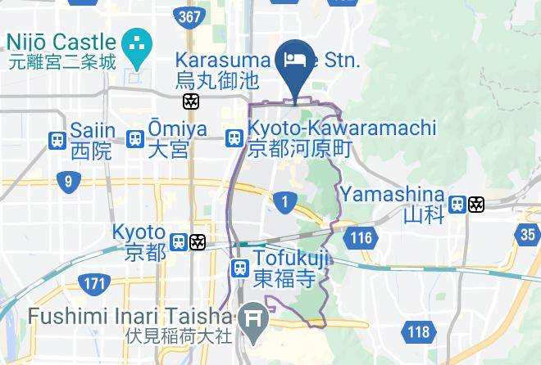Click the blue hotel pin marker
pyautogui.click(x=293, y=64)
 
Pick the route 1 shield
pyautogui.click(x=284, y=201)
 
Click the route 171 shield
pyautogui.click(x=94, y=284)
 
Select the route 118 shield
pyautogui.click(x=418, y=331)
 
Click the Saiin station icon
pyautogui.click(x=57, y=140)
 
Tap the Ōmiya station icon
pyautogui.click(x=135, y=140)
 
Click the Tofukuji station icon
pyautogui.click(x=239, y=268)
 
